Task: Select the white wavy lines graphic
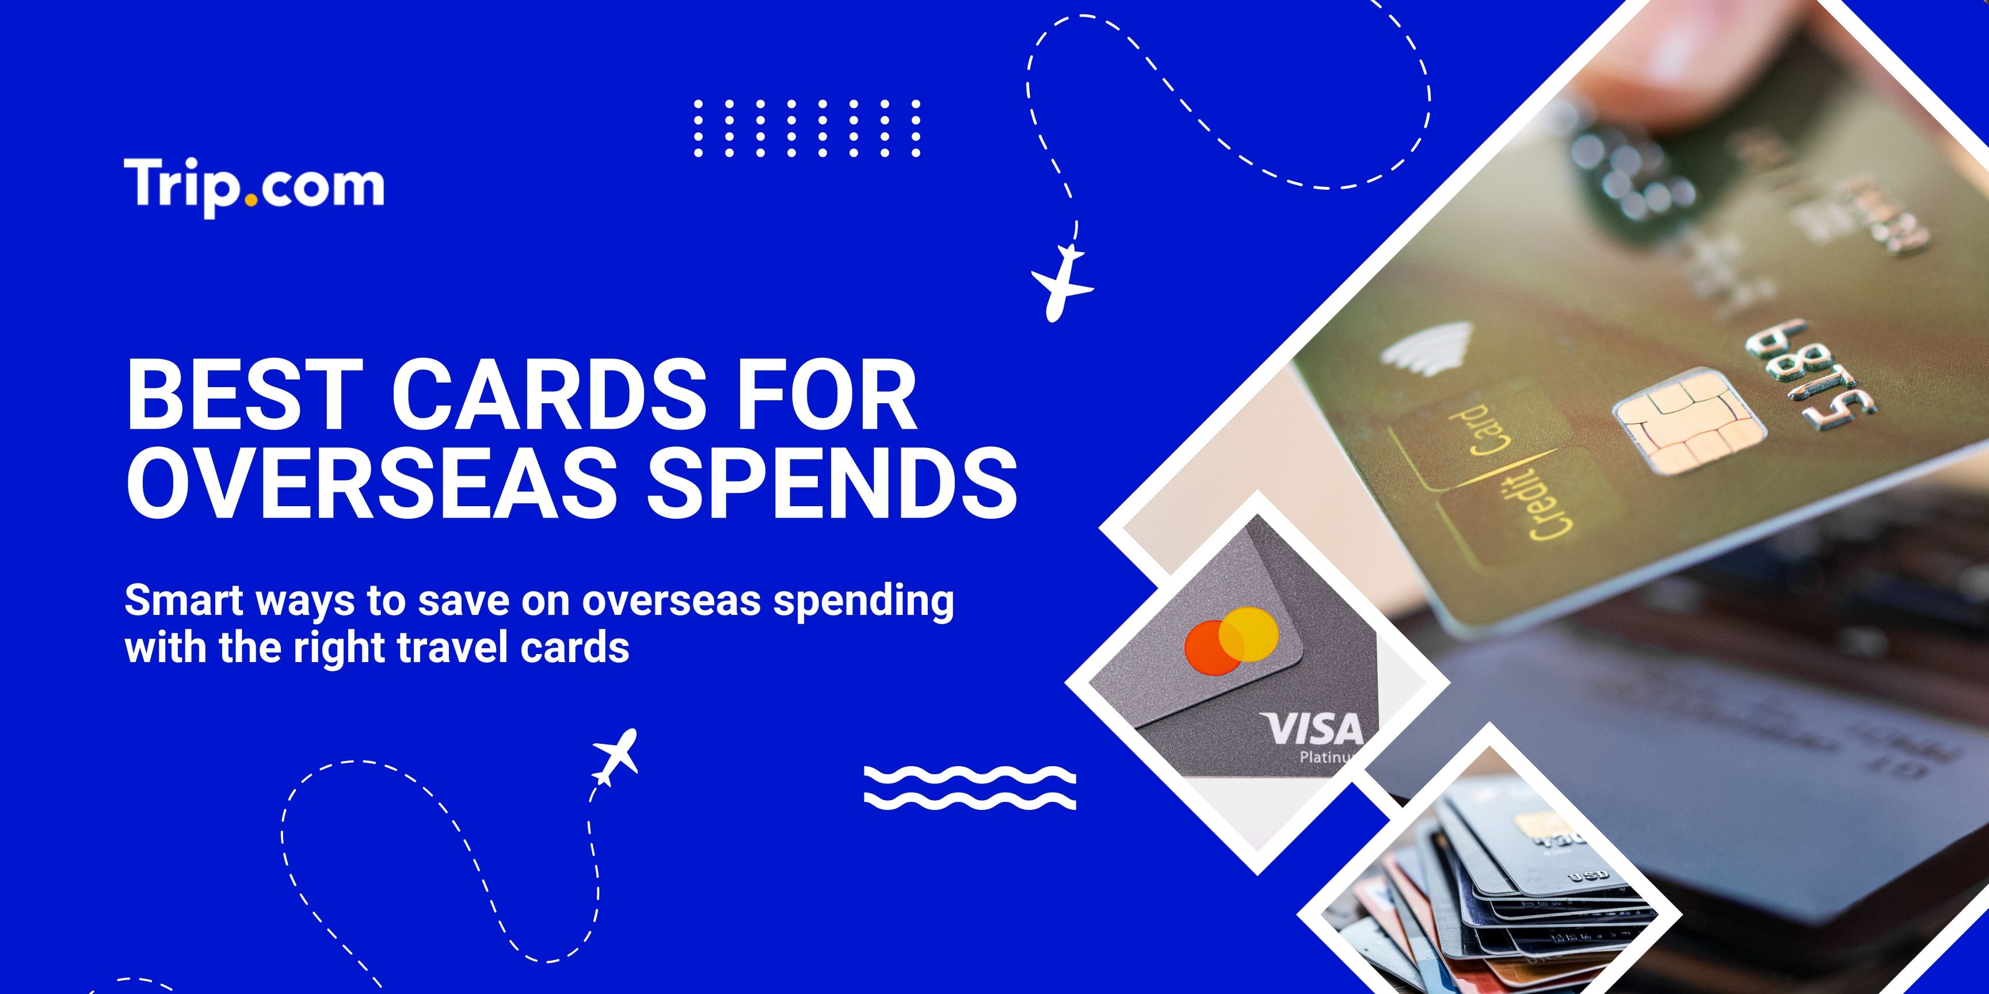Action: [969, 788]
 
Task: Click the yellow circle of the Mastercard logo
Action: [1249, 633]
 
